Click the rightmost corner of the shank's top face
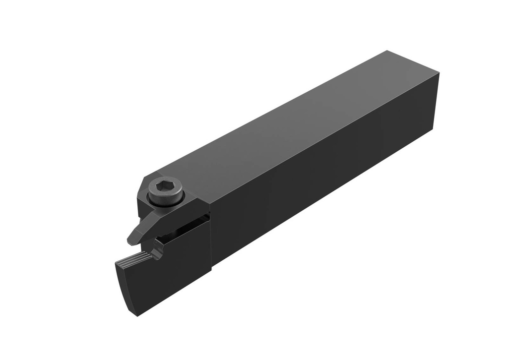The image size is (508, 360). (440, 73)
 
